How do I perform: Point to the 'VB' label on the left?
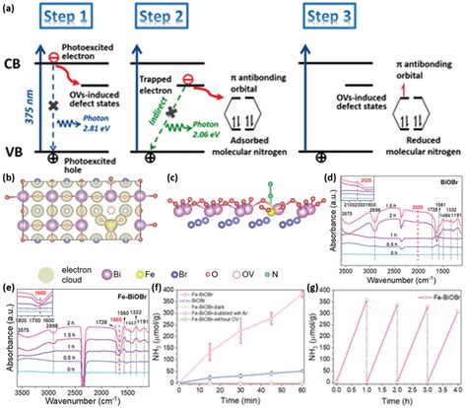click(15, 153)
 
